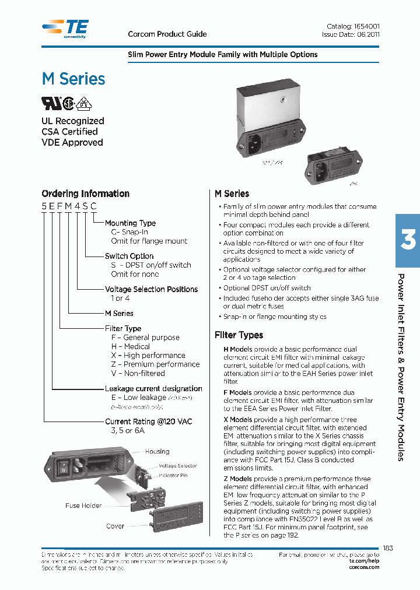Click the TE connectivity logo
click(x=65, y=28)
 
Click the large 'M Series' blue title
click(x=73, y=79)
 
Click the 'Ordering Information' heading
click(x=85, y=194)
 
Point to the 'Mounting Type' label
click(x=130, y=223)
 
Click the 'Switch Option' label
click(x=129, y=256)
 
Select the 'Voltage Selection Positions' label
click(x=151, y=289)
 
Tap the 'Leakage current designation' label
click(x=153, y=389)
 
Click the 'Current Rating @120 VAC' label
click(x=148, y=422)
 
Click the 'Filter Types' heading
click(x=239, y=335)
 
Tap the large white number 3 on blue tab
click(x=408, y=240)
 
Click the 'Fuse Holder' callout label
click(x=83, y=506)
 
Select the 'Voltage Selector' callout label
click(x=178, y=466)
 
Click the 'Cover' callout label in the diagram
click(x=115, y=526)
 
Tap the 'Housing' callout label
click(x=157, y=451)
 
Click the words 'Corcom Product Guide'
click(x=167, y=34)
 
